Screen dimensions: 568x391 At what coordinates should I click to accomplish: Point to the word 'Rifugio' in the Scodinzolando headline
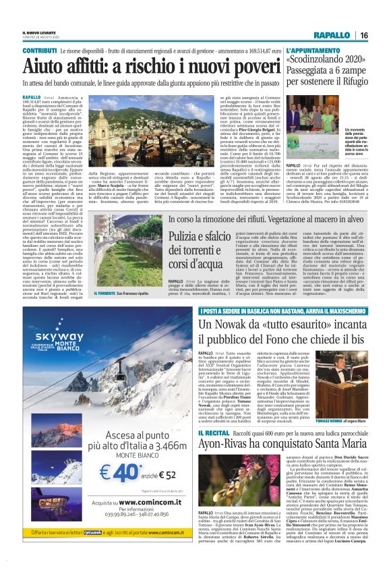347,84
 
